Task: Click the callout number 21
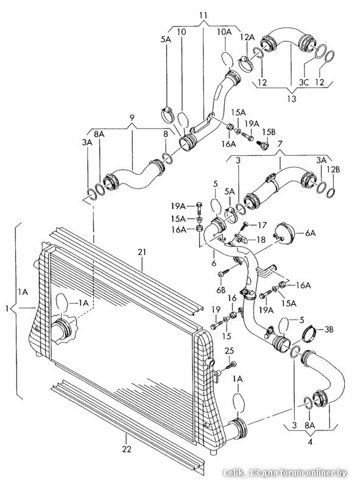[142, 252]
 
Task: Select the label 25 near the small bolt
[230, 351]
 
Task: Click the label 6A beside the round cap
[310, 233]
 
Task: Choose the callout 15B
[269, 131]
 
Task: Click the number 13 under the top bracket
[292, 99]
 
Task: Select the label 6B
[221, 290]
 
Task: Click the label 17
[262, 225]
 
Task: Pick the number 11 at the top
[203, 15]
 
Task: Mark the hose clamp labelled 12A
[245, 63]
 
